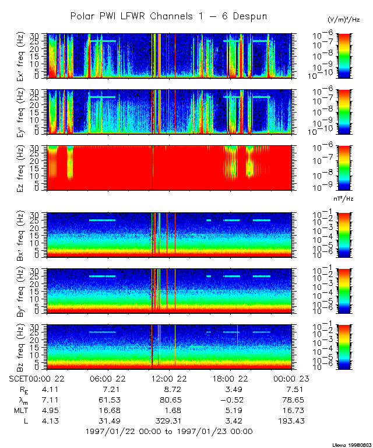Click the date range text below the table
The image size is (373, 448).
click(x=169, y=431)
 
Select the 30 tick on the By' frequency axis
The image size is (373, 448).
click(x=41, y=271)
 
